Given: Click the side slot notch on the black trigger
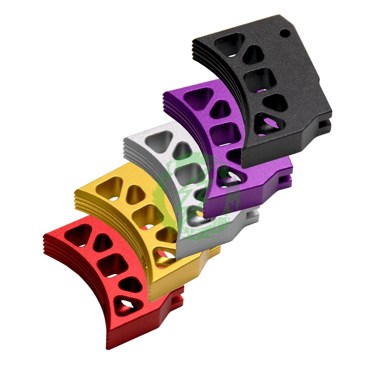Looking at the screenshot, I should [x=326, y=124].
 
